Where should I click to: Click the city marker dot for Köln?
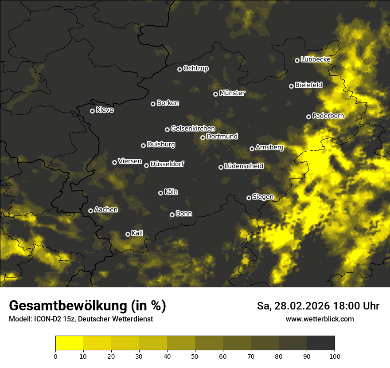point(161,193)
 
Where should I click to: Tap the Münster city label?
point(232,93)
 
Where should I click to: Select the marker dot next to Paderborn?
point(308,117)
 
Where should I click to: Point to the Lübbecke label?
point(315,59)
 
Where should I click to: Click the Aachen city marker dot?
point(90,211)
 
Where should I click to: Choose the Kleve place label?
point(105,110)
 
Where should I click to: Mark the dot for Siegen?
point(249,198)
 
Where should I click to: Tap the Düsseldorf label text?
point(167,164)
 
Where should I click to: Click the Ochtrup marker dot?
point(179,69)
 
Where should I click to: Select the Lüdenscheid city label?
point(244,166)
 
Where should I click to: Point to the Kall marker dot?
point(128,234)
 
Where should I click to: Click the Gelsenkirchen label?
point(193,129)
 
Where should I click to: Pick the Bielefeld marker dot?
point(291,86)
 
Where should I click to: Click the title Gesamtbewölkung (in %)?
point(87,306)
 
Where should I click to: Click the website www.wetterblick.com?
point(320,319)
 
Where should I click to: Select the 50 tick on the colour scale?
point(195,356)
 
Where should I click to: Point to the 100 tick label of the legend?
point(335,356)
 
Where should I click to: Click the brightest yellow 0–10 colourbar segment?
point(70,343)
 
